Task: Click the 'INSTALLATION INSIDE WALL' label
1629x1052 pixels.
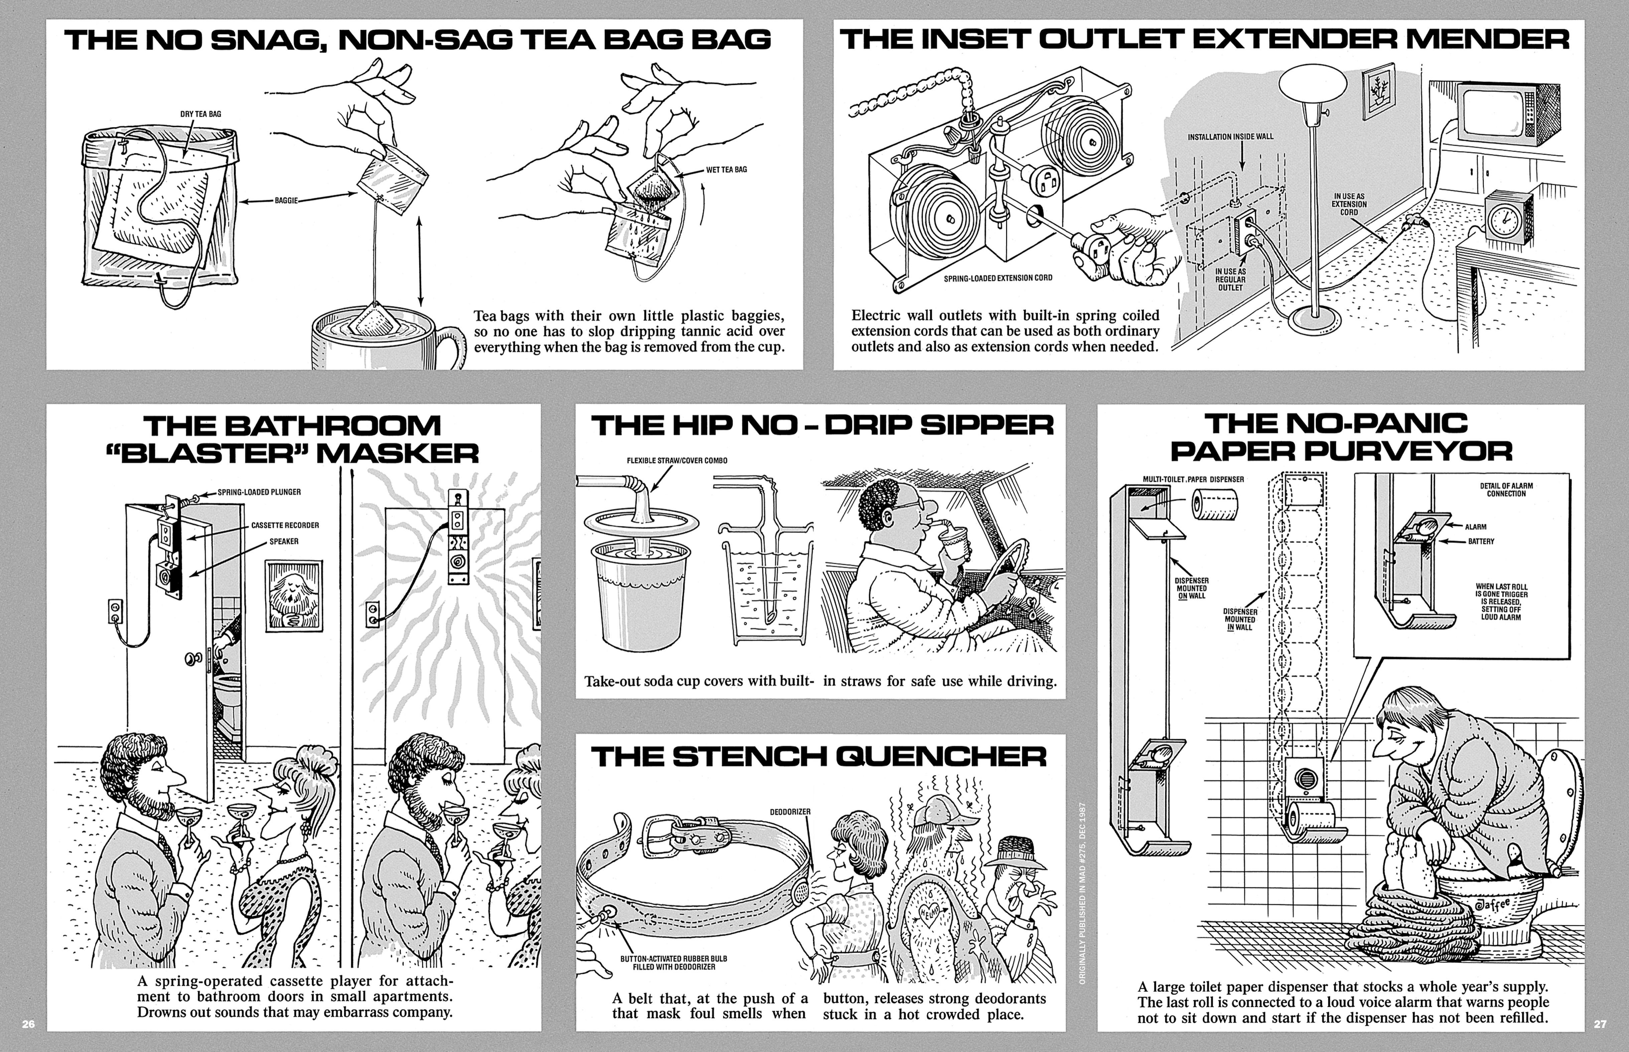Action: pyautogui.click(x=1230, y=137)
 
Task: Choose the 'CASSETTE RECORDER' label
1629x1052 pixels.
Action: pyautogui.click(x=285, y=525)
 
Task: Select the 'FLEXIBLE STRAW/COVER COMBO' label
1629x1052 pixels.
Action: pyautogui.click(x=677, y=461)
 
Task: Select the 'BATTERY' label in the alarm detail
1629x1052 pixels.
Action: pyautogui.click(x=1481, y=541)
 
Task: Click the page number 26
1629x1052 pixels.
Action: pyautogui.click(x=28, y=1024)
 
